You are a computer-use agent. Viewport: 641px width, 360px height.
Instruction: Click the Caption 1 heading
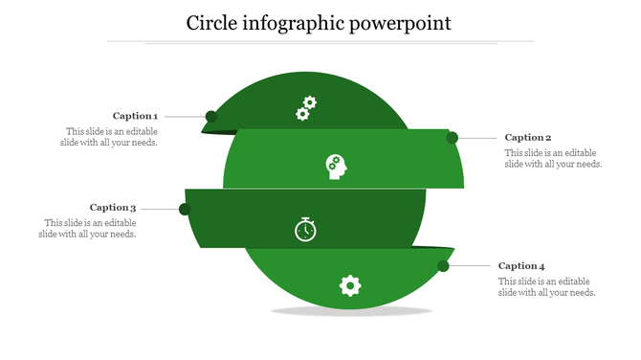coord(135,116)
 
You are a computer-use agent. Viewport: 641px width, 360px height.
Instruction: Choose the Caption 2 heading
coord(528,137)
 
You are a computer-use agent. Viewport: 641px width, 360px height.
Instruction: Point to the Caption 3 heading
coord(113,207)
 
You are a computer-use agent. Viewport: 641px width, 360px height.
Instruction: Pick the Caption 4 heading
coord(521,265)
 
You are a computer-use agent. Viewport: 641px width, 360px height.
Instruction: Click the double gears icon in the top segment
coord(305,107)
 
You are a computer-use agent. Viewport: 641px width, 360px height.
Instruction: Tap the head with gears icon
coord(335,166)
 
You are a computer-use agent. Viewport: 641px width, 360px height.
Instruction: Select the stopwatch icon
coord(305,230)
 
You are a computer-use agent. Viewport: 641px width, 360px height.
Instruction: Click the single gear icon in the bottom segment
coord(350,284)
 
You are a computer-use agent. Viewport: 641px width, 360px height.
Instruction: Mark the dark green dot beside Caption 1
coord(211,117)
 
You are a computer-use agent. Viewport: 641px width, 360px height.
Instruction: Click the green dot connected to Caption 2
coord(452,138)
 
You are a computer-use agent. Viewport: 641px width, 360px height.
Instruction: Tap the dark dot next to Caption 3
coord(185,209)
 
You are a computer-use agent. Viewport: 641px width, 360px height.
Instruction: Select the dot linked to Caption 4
coord(444,266)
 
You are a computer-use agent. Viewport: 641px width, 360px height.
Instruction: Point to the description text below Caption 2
coord(553,158)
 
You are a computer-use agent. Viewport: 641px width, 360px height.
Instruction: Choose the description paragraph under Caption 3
coord(89,228)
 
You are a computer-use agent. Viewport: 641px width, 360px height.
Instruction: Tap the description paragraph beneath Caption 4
coord(547,286)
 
